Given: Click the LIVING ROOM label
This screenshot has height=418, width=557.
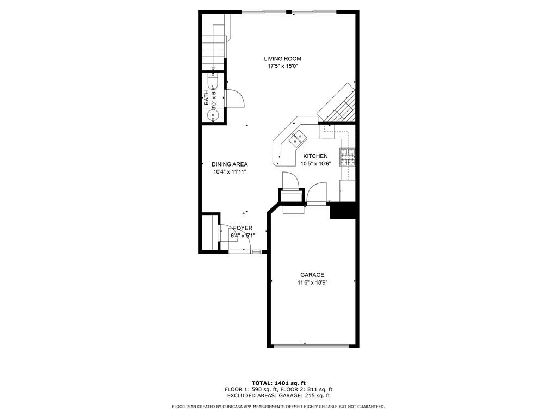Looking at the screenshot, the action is (282, 59).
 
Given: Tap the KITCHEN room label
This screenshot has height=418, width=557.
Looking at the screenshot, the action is (315, 156).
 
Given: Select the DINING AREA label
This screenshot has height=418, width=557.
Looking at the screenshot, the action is (230, 164).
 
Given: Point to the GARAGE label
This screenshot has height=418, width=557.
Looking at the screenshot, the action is (312, 275).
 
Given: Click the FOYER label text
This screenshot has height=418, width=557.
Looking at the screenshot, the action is (243, 228).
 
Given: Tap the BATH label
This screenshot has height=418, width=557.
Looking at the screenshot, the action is (206, 98).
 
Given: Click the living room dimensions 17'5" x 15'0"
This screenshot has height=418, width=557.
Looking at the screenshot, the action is (282, 66).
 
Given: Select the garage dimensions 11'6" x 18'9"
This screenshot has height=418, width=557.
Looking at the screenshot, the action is (312, 283).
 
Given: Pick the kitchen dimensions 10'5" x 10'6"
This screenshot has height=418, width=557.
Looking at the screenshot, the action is (315, 164).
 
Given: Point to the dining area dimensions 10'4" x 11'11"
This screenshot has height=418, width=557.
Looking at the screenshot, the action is (230, 172).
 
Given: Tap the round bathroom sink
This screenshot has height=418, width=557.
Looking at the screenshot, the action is (213, 115).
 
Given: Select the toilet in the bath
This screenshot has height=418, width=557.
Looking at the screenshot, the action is (213, 81).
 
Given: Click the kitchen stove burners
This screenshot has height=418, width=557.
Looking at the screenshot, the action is (348, 157).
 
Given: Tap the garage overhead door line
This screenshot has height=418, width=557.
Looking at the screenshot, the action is (312, 345).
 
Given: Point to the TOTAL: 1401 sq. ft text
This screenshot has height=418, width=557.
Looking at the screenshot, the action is (278, 383).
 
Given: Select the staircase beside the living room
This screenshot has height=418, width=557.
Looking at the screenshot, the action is (214, 42).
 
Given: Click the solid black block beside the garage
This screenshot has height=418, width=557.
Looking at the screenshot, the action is (343, 211).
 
